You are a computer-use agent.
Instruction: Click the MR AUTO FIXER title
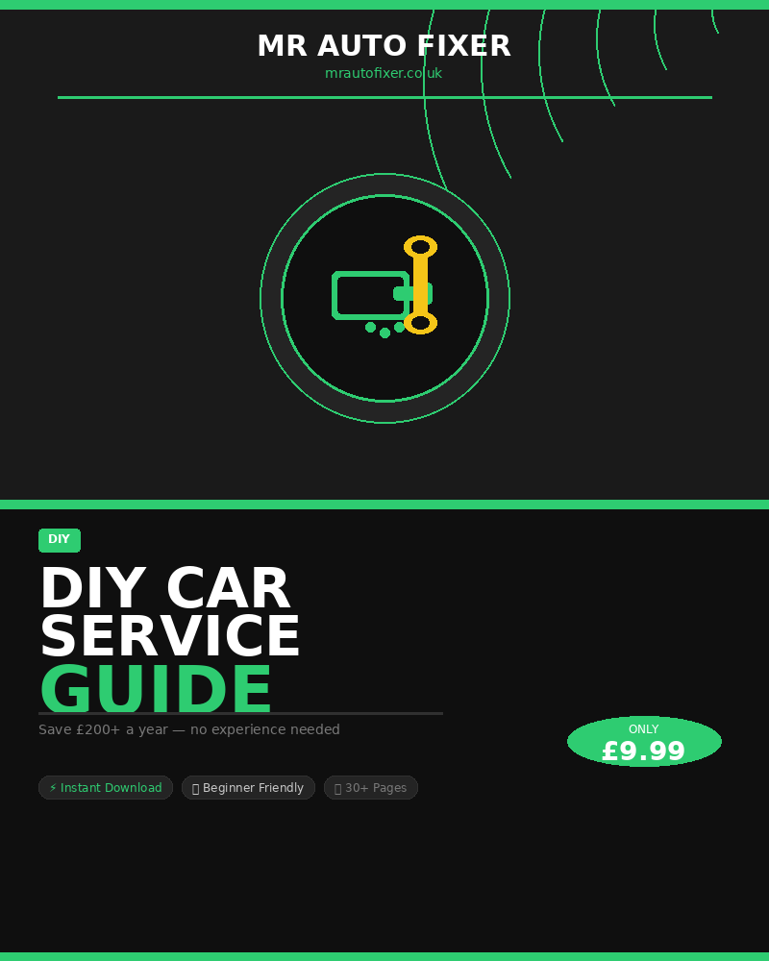[x=384, y=46]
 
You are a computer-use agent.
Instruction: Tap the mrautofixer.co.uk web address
[x=384, y=73]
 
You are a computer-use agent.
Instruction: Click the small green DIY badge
[x=60, y=540]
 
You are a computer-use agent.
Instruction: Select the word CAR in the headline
[x=228, y=588]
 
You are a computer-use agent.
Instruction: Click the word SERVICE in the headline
[x=170, y=636]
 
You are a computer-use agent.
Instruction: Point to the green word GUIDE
[x=156, y=688]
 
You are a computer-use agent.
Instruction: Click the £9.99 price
[x=643, y=752]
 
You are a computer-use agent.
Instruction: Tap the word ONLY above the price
[x=643, y=729]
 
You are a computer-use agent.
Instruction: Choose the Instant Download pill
[x=106, y=788]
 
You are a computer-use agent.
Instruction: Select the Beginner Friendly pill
[x=248, y=788]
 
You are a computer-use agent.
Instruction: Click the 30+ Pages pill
[x=371, y=788]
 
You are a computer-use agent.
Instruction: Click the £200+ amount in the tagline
[x=98, y=729]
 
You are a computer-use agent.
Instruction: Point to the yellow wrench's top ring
[x=420, y=247]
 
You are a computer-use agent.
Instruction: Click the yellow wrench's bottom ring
[x=420, y=323]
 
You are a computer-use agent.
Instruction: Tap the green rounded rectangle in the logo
[x=371, y=295]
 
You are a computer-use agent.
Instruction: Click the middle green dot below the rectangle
[x=385, y=333]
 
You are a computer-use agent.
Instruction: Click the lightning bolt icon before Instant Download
[x=53, y=788]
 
